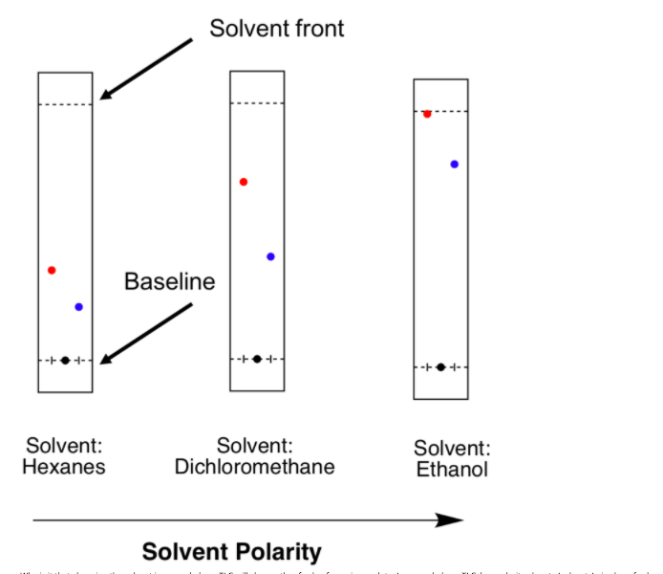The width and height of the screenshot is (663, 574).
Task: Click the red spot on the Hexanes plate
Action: pos(52,270)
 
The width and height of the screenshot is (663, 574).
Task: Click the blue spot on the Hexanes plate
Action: pos(78,307)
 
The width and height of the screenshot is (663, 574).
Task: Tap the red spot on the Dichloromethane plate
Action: pos(244,182)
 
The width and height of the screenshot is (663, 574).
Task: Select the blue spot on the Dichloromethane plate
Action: pos(270,256)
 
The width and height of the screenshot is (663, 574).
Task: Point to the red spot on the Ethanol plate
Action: pos(427,114)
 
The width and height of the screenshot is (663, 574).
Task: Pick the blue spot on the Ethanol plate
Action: pos(454,165)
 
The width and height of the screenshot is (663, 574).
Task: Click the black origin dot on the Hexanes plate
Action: pos(65,360)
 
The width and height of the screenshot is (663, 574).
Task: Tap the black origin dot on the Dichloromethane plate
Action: pos(257,359)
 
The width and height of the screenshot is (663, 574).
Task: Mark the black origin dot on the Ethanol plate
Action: pos(440,367)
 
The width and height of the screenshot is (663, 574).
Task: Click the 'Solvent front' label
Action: pos(277,28)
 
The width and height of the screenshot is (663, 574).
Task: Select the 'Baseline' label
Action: pos(169,282)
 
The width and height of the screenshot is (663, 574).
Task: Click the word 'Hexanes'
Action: pos(63,468)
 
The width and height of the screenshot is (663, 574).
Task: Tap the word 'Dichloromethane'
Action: pos(254,467)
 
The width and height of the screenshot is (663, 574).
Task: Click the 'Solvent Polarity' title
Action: pos(231,552)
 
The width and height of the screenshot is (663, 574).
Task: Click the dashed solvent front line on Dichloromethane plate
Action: pos(257,103)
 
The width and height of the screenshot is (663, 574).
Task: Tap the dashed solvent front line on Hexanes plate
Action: pos(65,103)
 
